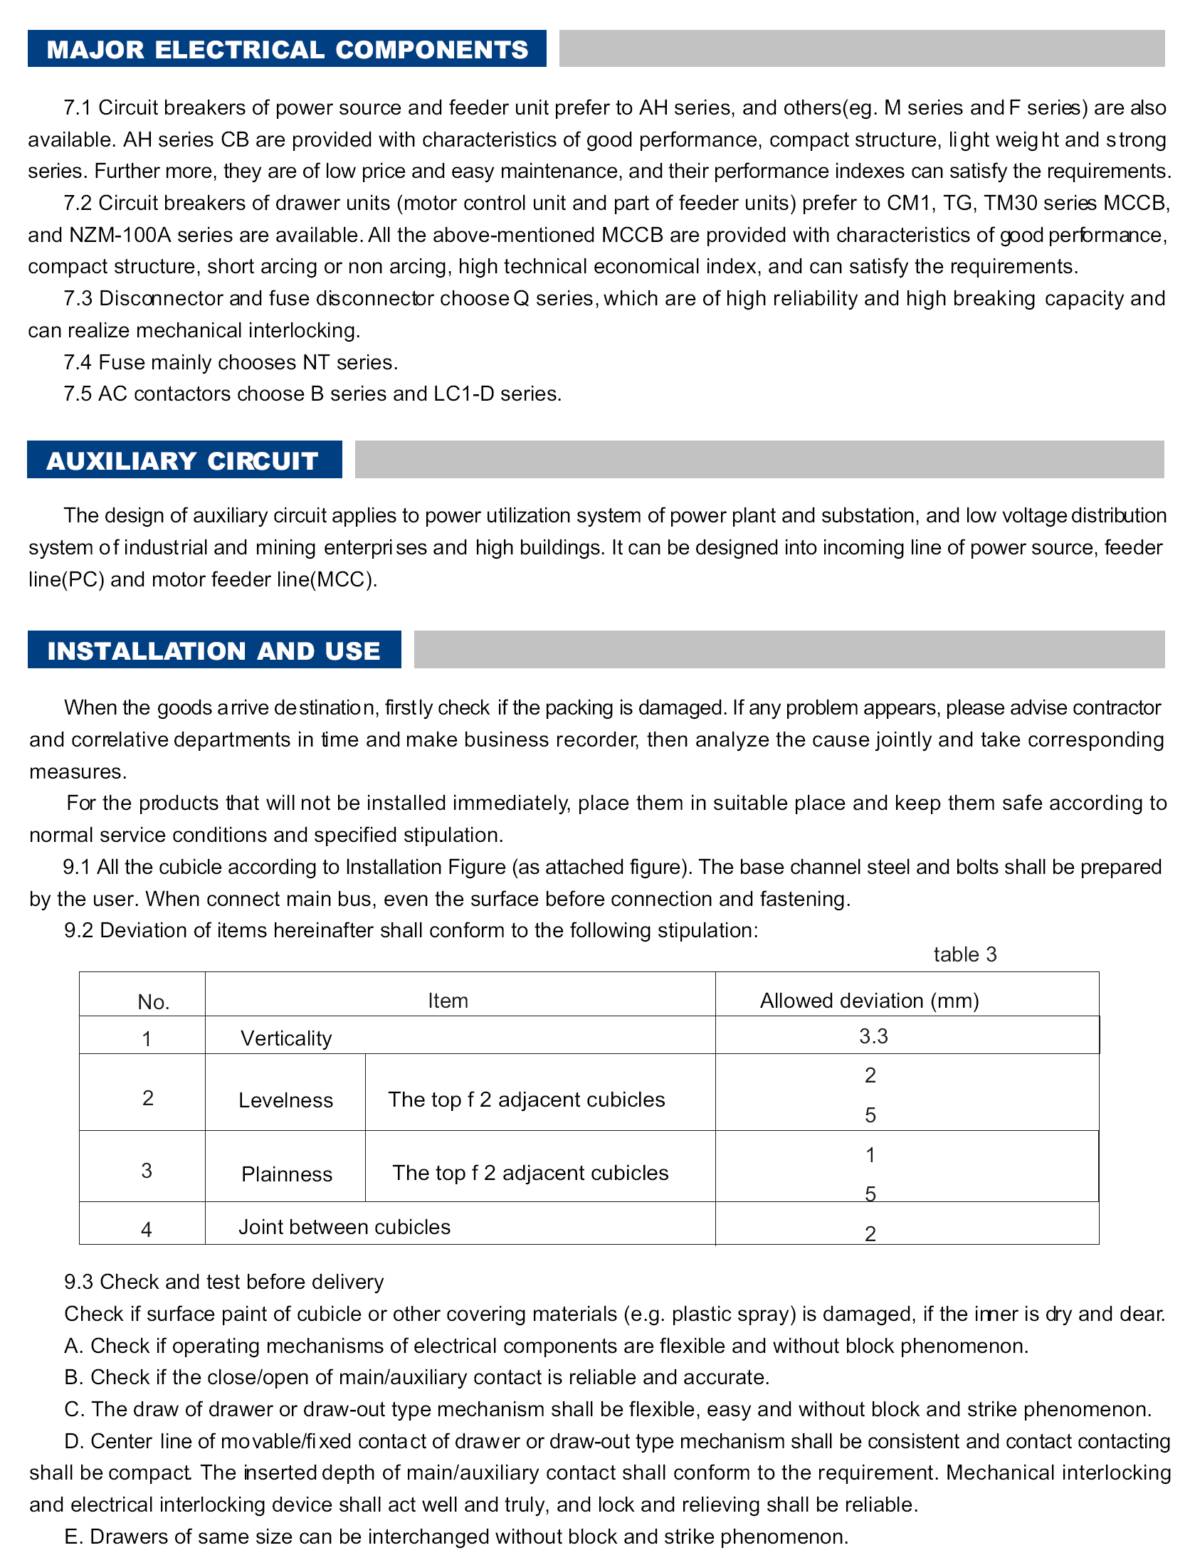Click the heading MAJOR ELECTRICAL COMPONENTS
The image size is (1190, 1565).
pos(287,49)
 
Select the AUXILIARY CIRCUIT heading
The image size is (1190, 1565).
pos(183,460)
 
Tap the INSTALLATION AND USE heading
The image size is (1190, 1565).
pos(214,650)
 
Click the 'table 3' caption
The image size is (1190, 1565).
pos(964,954)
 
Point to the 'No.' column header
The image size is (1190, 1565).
pos(153,1002)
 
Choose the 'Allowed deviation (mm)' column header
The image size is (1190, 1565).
pos(869,1001)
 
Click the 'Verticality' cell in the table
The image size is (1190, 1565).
pos(286,1038)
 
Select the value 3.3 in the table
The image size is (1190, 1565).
pos(873,1036)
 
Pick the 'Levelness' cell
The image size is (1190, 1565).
pos(285,1100)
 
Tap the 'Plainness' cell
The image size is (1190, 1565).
pos(287,1174)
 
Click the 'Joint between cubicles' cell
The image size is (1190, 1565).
pos(344,1227)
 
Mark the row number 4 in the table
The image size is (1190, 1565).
pos(147,1230)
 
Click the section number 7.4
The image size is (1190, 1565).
pos(78,363)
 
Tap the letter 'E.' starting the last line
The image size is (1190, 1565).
pos(73,1537)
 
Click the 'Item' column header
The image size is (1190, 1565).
pos(448,1001)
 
